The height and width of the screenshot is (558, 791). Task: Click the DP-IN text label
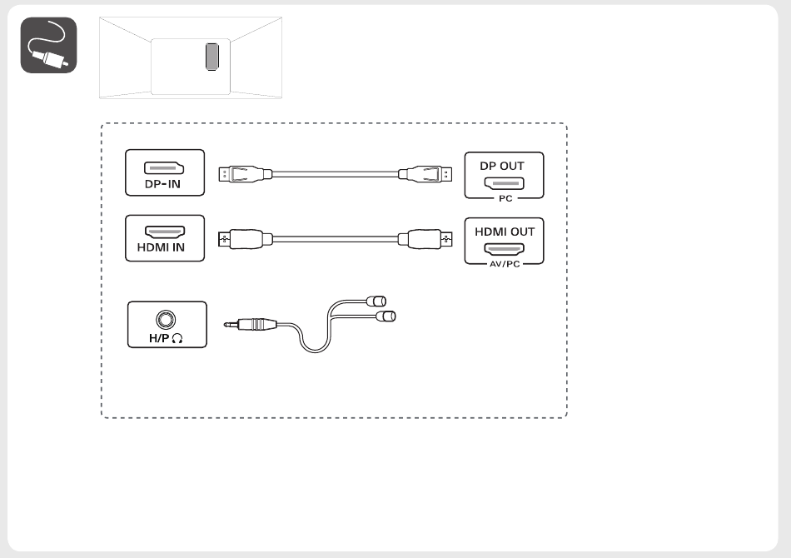tap(162, 184)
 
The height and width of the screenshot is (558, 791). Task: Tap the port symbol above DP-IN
tap(164, 168)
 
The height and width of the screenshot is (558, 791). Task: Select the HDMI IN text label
tap(161, 247)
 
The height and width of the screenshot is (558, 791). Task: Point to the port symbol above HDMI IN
tap(165, 232)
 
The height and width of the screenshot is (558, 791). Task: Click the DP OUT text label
tap(502, 166)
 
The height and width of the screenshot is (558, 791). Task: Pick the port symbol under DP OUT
tap(504, 183)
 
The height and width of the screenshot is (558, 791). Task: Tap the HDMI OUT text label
tap(505, 232)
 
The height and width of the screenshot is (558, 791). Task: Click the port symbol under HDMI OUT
tap(505, 249)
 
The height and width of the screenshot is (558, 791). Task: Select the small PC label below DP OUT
tap(505, 199)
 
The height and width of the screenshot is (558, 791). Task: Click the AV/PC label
tap(505, 264)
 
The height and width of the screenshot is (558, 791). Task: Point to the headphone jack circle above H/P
tap(166, 320)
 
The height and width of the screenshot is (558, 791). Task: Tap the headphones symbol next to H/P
tap(177, 338)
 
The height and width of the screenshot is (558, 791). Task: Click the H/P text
tap(159, 338)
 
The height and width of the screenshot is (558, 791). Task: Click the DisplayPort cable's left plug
tap(245, 174)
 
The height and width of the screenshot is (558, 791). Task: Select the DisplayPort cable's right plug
tap(425, 174)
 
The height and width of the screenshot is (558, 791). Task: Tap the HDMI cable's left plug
tap(245, 239)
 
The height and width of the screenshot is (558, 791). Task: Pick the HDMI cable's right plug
tap(425, 239)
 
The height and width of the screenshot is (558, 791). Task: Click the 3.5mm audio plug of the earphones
tap(251, 324)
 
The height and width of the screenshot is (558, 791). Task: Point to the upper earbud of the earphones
tap(376, 301)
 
